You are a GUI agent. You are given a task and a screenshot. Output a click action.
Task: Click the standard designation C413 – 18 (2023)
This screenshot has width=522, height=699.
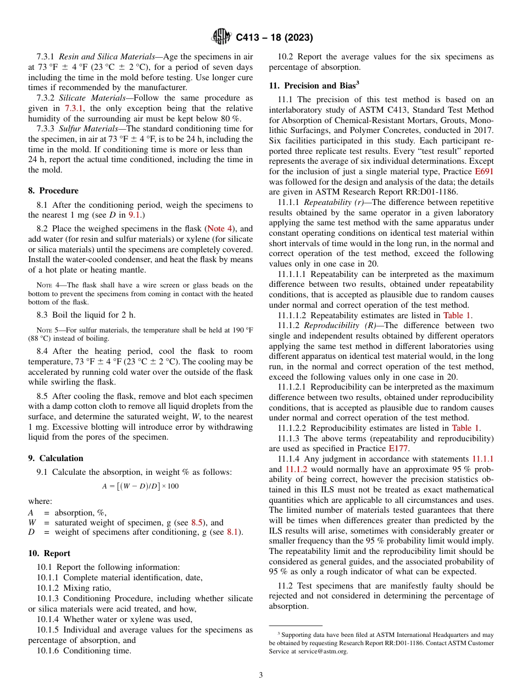tap(274, 38)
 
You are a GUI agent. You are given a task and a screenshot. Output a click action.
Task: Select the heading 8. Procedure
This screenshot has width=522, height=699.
tap(53, 191)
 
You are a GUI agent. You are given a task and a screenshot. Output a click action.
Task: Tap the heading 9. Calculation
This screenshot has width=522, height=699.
tap(55, 458)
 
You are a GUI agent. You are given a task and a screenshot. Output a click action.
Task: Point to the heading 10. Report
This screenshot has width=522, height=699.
tap(49, 553)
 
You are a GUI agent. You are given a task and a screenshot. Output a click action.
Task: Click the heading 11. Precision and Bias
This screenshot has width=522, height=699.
tap(314, 85)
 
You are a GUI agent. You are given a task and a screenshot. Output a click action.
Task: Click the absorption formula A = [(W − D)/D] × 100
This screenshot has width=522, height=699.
tap(140, 486)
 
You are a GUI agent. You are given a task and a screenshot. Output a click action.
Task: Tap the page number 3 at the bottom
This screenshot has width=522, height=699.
tap(261, 675)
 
